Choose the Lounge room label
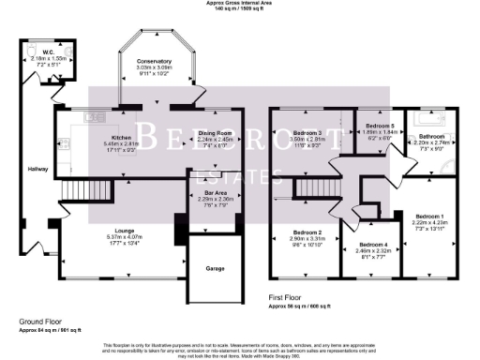tap(125, 230)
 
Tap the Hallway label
tap(37, 169)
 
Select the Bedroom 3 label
tap(307, 134)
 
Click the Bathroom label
tap(438, 136)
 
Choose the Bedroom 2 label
tap(307, 232)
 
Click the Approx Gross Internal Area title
tap(240, 3)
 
